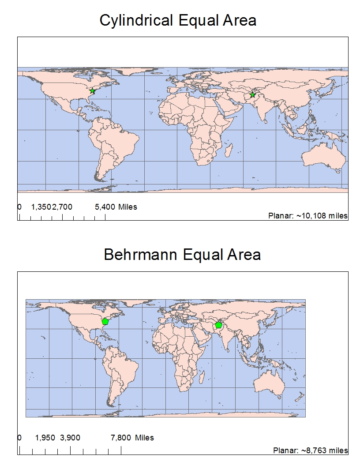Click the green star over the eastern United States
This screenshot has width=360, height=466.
tap(92, 91)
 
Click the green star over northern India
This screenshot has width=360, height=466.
tap(252, 95)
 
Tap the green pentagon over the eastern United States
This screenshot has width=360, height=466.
tap(105, 322)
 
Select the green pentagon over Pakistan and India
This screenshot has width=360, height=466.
tap(218, 325)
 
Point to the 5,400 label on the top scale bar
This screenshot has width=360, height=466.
tap(105, 207)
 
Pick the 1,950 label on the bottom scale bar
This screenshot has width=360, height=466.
tap(45, 438)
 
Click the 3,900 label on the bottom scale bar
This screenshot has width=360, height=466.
tap(70, 438)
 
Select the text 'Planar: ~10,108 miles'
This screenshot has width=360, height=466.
tap(308, 216)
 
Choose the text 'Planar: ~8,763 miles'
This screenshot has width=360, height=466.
tap(311, 451)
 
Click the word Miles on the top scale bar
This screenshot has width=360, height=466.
tap(127, 207)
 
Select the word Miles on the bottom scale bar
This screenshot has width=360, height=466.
tap(144, 438)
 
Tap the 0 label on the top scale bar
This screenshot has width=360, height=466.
tap(19, 207)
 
